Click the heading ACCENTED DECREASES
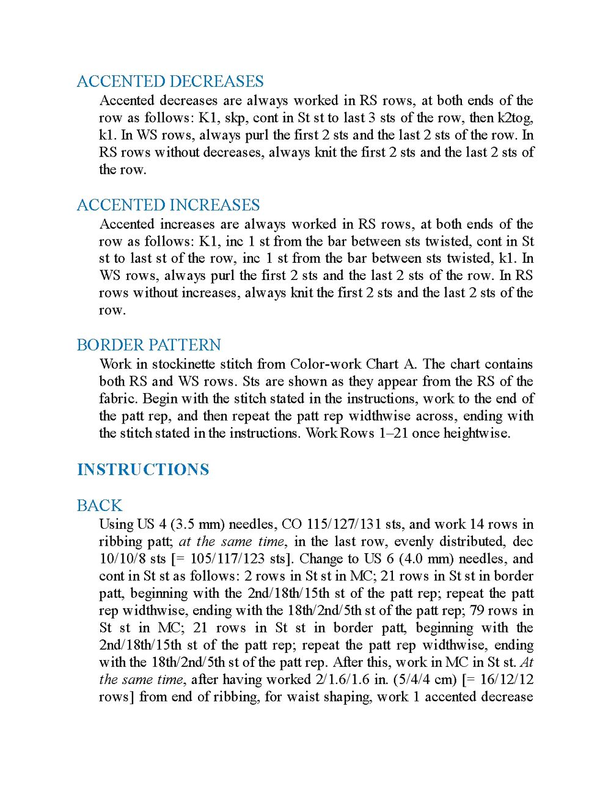(170, 81)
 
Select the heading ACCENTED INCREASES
(168, 205)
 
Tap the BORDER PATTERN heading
(148, 345)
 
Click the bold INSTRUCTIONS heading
(143, 469)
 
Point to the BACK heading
(100, 506)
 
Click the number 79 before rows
(477, 610)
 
